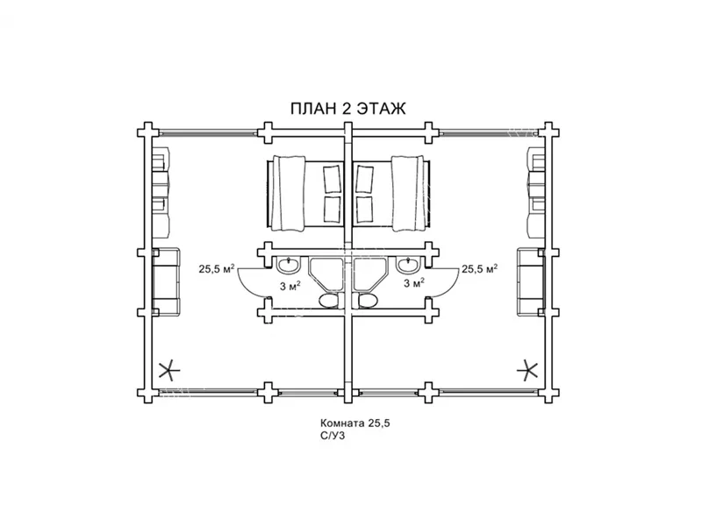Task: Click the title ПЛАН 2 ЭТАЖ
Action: click(x=347, y=109)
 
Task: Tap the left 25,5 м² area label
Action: click(x=217, y=268)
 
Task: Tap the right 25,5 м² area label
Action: click(x=480, y=268)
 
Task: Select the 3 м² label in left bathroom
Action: click(x=290, y=286)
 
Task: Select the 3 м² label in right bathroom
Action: click(x=413, y=282)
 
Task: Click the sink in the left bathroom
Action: click(x=289, y=266)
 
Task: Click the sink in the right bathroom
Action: click(x=407, y=266)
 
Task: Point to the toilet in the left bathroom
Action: click(x=329, y=301)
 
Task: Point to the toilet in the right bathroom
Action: click(x=367, y=301)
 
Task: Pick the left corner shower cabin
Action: click(x=326, y=274)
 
